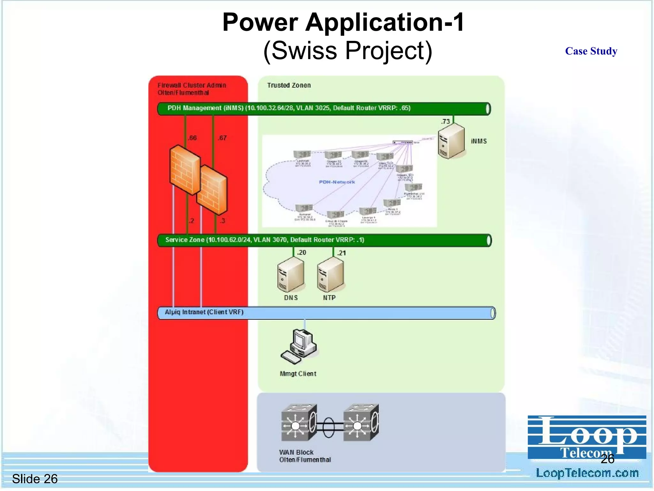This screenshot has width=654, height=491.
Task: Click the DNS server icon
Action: pos(290,275)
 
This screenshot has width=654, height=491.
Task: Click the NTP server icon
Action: pos(330,275)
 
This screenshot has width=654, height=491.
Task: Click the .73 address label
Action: pos(445,121)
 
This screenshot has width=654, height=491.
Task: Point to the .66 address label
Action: pos(192,138)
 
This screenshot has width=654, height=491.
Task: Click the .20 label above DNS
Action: pos(301,253)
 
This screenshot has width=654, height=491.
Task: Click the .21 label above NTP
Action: pos(341,253)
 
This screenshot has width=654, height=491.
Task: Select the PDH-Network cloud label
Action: pos(337,182)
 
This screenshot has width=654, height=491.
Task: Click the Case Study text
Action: pos(591,51)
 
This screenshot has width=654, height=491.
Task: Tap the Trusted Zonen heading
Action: pos(289,85)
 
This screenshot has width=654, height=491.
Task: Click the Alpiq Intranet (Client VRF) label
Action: pos(204,312)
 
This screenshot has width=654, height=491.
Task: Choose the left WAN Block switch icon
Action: pos(299,423)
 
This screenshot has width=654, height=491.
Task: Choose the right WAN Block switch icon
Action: pos(361,423)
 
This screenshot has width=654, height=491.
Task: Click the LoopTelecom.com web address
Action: pos(587,473)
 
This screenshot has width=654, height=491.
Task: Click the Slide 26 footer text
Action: pos(35,479)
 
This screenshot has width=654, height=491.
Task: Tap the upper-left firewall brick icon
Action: pos(185,169)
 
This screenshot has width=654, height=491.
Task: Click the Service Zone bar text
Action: pos(264,240)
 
